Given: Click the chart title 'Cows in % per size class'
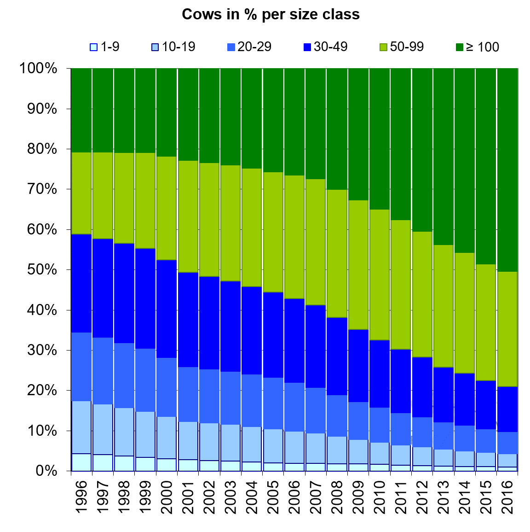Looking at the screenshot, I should pyautogui.click(x=271, y=14).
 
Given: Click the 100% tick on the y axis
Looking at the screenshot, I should pyautogui.click(x=38, y=69).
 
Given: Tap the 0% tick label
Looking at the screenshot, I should pyautogui.click(x=46, y=471).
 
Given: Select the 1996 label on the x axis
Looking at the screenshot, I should pyautogui.click(x=81, y=497).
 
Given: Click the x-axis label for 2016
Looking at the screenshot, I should pyautogui.click(x=507, y=497).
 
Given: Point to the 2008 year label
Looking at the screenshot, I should pyautogui.click(x=337, y=497).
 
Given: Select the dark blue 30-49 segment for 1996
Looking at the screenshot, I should pyautogui.click(x=81, y=283).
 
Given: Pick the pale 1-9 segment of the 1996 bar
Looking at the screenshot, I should pyautogui.click(x=81, y=462).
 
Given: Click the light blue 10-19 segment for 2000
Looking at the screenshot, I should pyautogui.click(x=167, y=438).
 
